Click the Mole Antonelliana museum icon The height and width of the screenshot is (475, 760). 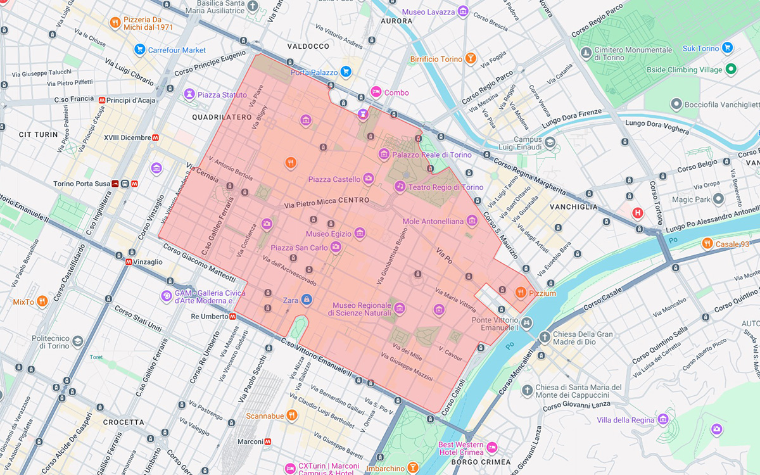[471, 221]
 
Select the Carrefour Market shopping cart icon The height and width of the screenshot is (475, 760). [139, 49]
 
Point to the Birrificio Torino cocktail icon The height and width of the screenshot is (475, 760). [470, 59]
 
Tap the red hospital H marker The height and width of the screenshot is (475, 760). [638, 213]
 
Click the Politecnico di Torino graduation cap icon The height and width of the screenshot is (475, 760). [77, 341]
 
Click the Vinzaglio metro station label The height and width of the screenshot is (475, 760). [148, 262]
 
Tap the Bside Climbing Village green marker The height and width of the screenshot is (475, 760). [730, 70]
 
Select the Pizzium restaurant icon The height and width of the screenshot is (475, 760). [520, 292]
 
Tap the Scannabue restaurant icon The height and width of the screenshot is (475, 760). [291, 415]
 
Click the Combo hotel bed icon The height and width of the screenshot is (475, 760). [376, 92]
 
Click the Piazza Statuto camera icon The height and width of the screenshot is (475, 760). [189, 94]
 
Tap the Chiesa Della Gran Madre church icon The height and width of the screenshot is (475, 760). [545, 337]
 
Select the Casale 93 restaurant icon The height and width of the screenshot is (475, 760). [707, 243]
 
